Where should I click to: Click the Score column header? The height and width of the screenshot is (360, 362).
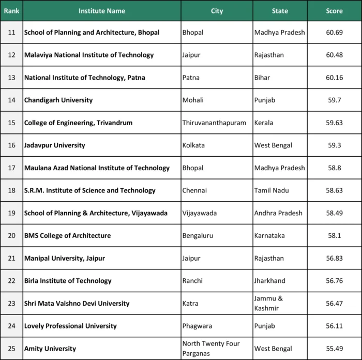coord(334,11)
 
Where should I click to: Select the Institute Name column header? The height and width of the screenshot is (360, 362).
coord(102,11)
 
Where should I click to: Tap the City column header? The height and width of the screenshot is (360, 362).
coord(217,11)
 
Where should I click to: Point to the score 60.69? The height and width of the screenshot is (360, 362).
coord(334,33)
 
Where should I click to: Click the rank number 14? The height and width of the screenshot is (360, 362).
coord(11,100)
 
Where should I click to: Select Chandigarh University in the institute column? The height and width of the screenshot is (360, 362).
coord(58,100)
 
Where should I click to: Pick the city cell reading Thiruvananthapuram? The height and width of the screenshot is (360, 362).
coord(214,123)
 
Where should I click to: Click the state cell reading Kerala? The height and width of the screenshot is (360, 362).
coord(264,123)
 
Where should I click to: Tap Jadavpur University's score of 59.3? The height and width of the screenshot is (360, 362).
coord(334,145)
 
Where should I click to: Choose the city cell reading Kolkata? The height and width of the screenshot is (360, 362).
coord(193,145)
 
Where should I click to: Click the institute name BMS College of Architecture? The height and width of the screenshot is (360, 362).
coord(67,236)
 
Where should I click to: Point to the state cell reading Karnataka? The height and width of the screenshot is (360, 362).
coord(270,236)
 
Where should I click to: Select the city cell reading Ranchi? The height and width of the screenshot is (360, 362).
coord(192,281)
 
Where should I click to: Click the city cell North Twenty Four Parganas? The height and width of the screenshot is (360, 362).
coord(211,348)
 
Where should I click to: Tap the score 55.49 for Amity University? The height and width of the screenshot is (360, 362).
coord(334,349)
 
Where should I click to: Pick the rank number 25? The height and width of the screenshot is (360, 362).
coord(11,349)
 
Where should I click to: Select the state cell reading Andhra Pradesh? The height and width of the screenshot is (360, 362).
coord(279,213)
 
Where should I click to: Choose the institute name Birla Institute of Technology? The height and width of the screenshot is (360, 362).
coord(68,281)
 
